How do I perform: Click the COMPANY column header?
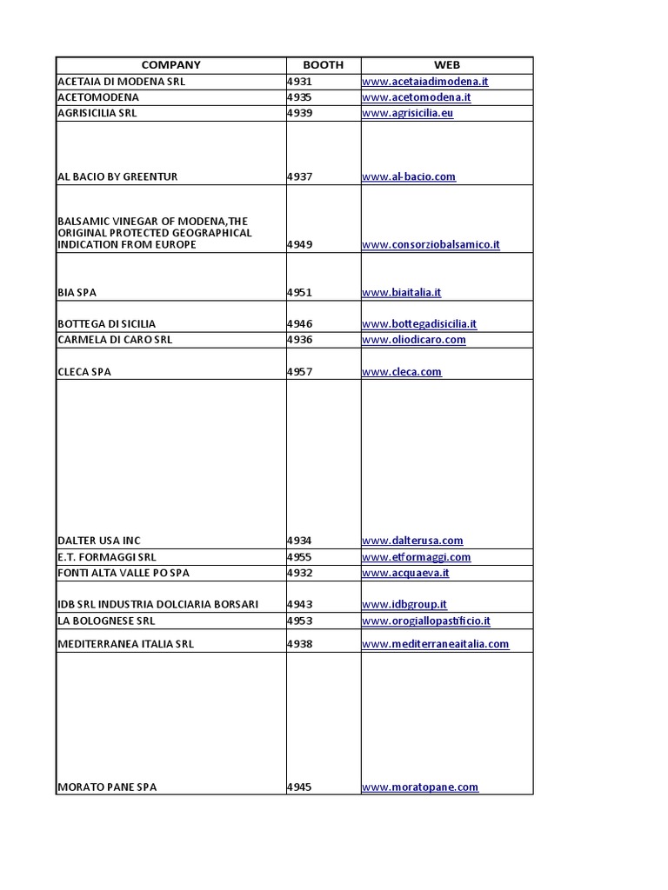tap(170, 65)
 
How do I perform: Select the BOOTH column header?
tap(323, 65)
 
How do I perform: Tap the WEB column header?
tap(446, 65)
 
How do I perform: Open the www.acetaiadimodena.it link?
tap(424, 82)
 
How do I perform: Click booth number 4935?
tap(299, 97)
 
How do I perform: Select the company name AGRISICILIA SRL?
tap(97, 113)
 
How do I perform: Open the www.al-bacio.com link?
tap(408, 176)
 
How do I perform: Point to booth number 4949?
tap(299, 245)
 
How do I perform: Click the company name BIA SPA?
tap(77, 293)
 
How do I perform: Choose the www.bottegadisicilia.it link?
tap(418, 324)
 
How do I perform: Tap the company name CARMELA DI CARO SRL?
tap(114, 340)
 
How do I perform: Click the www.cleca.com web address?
tap(401, 372)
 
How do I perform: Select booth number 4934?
tap(299, 541)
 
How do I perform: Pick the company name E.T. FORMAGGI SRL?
tap(106, 557)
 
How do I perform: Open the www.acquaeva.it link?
tap(405, 573)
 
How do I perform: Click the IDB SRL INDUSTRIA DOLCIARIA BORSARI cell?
tap(157, 604)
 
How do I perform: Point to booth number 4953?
tap(299, 621)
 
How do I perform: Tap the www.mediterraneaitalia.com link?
tap(435, 644)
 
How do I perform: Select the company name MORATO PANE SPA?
tap(107, 787)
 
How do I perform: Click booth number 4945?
tap(299, 787)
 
